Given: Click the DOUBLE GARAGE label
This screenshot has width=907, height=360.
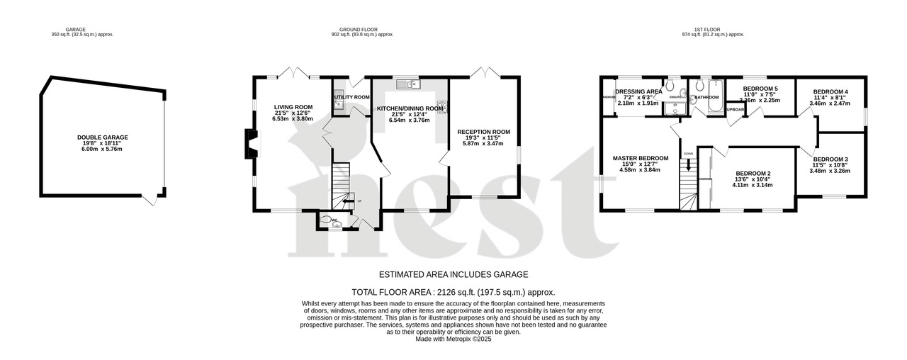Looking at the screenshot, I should click(x=103, y=137).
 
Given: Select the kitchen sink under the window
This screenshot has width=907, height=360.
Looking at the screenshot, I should click(x=409, y=85).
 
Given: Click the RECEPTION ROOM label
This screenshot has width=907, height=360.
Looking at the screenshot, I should click(x=483, y=132).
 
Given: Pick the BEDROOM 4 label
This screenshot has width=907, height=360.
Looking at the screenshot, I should click(x=830, y=92).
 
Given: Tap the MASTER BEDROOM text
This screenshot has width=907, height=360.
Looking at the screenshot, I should click(x=640, y=158).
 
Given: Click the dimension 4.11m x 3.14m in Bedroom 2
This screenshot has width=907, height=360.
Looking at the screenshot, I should click(x=753, y=185).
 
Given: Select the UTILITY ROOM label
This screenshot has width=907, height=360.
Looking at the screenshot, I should click(x=352, y=97).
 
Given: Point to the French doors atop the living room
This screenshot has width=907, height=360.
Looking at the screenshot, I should click(x=293, y=72).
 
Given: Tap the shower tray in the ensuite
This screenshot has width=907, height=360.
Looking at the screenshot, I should click(x=675, y=108).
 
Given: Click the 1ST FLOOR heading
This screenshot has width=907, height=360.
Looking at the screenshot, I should click(x=701, y=30).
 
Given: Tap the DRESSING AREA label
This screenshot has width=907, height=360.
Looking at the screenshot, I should click(x=638, y=91).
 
